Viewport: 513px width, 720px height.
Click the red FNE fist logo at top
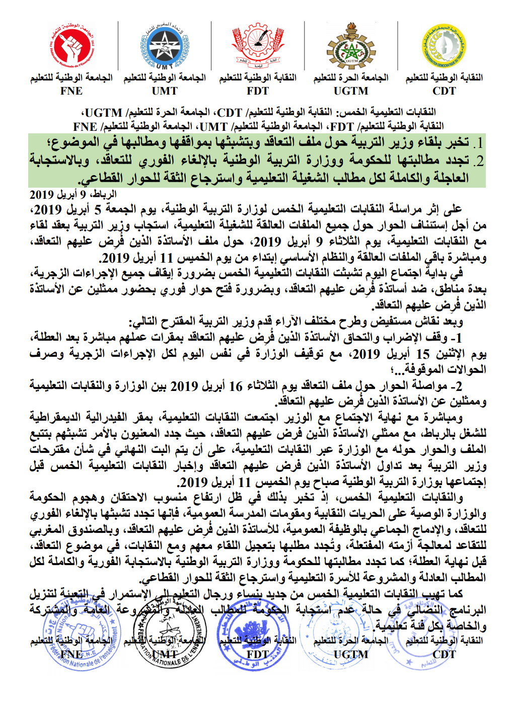pyautogui.click(x=72, y=46)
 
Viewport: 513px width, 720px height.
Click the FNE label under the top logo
pyautogui.click(x=71, y=91)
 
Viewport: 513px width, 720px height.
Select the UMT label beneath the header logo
pyautogui.click(x=165, y=91)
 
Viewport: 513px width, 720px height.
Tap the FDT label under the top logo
pyautogui.click(x=258, y=91)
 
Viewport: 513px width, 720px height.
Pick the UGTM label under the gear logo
pyautogui.click(x=351, y=91)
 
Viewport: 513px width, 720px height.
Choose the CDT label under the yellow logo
pyautogui.click(x=444, y=91)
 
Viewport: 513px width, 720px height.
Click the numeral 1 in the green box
pyautogui.click(x=480, y=143)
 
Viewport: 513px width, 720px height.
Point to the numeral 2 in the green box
pyautogui.click(x=479, y=161)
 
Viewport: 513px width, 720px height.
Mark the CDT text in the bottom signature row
pyautogui.click(x=444, y=655)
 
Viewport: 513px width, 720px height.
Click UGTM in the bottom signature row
pyautogui.click(x=351, y=655)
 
